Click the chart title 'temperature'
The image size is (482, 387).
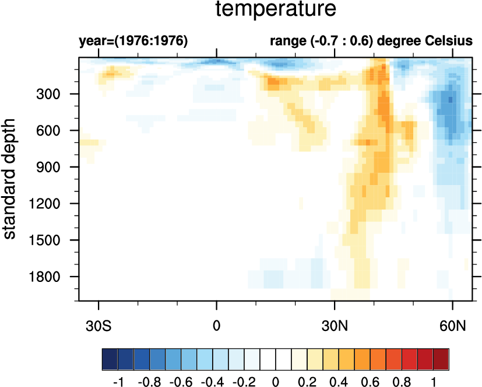tap(276, 10)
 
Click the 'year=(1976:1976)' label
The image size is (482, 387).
tap(133, 41)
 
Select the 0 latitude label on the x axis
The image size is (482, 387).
tap(217, 325)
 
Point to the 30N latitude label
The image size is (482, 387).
tap(335, 325)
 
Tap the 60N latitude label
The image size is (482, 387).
tap(453, 325)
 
